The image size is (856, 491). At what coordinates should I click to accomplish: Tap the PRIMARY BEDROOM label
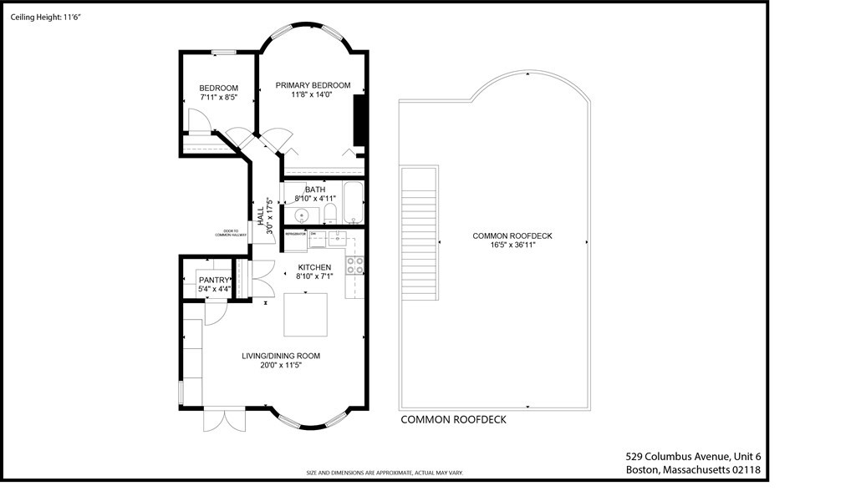313,85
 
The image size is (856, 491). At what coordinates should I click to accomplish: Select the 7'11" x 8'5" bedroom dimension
218,98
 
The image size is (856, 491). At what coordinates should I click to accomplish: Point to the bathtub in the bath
353,203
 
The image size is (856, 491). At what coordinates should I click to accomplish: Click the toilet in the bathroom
329,213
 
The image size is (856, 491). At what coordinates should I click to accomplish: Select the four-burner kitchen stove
355,266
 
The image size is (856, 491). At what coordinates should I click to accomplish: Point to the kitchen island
306,313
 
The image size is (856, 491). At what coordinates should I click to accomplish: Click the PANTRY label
215,280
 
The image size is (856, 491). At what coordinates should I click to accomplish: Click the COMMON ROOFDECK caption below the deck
453,420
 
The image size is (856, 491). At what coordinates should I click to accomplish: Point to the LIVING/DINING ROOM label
281,356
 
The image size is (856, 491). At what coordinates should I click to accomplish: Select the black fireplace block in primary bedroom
361,122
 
